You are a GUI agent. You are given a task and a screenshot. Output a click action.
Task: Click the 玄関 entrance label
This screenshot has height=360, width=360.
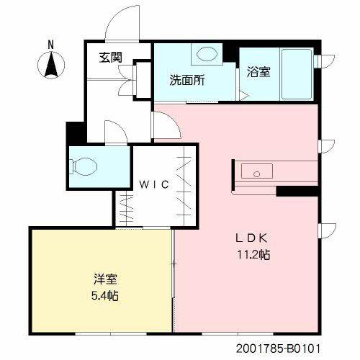111,58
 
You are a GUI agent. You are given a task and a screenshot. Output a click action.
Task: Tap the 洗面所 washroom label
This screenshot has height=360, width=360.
187,80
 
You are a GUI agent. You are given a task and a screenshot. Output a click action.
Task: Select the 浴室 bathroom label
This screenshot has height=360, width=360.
258,71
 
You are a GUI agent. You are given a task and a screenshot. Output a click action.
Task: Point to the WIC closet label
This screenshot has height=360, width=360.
154,184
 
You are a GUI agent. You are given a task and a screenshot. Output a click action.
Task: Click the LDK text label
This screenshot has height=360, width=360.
251,238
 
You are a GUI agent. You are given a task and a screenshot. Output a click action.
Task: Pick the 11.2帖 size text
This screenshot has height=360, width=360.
253,254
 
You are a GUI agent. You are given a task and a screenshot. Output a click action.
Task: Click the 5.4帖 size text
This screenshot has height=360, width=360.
105,295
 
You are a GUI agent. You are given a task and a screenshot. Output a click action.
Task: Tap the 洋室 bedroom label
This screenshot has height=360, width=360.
105,279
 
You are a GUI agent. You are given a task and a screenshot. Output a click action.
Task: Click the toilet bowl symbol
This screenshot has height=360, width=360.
83,166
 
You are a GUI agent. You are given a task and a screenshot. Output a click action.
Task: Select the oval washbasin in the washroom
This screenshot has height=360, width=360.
207,54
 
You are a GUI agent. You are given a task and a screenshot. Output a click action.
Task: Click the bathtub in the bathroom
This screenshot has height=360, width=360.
297,74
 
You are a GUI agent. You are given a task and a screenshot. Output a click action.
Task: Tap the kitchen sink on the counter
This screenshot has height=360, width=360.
257,171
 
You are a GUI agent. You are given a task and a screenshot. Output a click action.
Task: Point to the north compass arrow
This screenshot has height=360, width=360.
51,64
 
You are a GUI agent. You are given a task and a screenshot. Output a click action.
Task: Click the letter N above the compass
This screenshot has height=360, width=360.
50,45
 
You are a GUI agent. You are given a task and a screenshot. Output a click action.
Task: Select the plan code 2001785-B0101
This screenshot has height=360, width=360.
278,348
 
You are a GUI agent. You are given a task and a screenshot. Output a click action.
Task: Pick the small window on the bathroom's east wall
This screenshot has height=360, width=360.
325,61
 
